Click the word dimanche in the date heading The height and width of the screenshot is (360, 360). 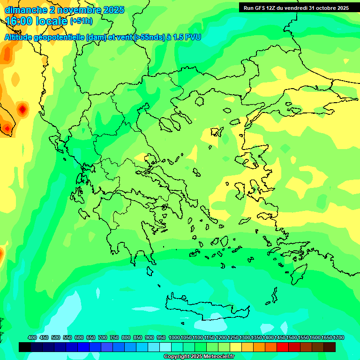coord(25,10)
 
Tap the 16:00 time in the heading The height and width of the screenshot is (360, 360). coord(21,21)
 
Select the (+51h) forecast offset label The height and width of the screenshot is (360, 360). coord(81,21)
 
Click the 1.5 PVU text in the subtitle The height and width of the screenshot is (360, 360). coord(187,37)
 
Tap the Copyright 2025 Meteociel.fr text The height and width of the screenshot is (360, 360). coord(199,357)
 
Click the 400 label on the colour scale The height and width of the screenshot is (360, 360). coord(32,337)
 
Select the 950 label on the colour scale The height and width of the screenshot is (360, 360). coord(161,337)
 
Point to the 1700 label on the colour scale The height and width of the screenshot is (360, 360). coord(338,337)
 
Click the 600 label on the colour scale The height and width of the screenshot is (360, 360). coord(79,337)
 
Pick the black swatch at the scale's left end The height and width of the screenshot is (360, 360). coord(25,347)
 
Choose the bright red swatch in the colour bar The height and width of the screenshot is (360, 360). coord(283,347)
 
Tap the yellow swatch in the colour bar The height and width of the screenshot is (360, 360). coord(236,347)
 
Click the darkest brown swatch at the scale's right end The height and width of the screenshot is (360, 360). coord(330,347)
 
